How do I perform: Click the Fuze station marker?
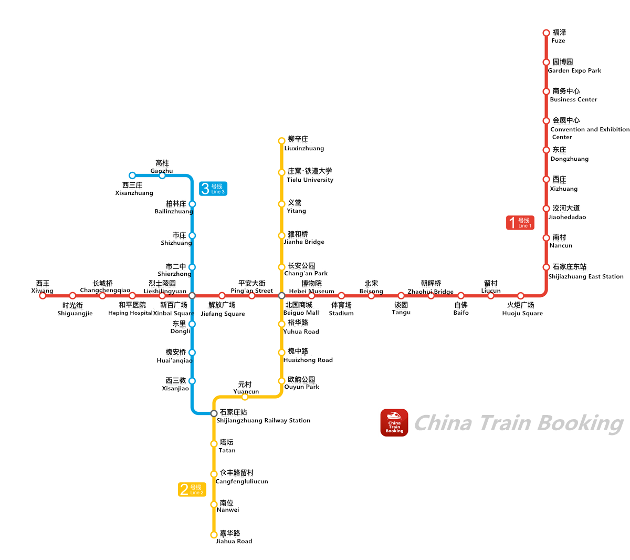click(x=546, y=33)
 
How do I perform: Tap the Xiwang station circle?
click(x=43, y=296)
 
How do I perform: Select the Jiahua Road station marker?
click(x=214, y=535)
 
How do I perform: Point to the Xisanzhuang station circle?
click(x=132, y=175)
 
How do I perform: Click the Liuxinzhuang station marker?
click(x=281, y=141)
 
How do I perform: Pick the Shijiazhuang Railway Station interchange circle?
click(x=214, y=413)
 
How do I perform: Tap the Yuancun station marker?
click(x=245, y=397)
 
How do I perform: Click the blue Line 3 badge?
click(x=213, y=189)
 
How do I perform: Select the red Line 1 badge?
click(x=520, y=223)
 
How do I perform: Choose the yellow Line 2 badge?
click(x=192, y=490)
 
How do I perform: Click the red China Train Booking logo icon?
click(x=394, y=423)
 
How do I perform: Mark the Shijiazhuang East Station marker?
click(x=546, y=267)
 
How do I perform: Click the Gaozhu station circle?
click(x=162, y=175)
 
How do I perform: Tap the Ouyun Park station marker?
click(x=281, y=381)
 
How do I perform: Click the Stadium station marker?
click(x=341, y=296)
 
